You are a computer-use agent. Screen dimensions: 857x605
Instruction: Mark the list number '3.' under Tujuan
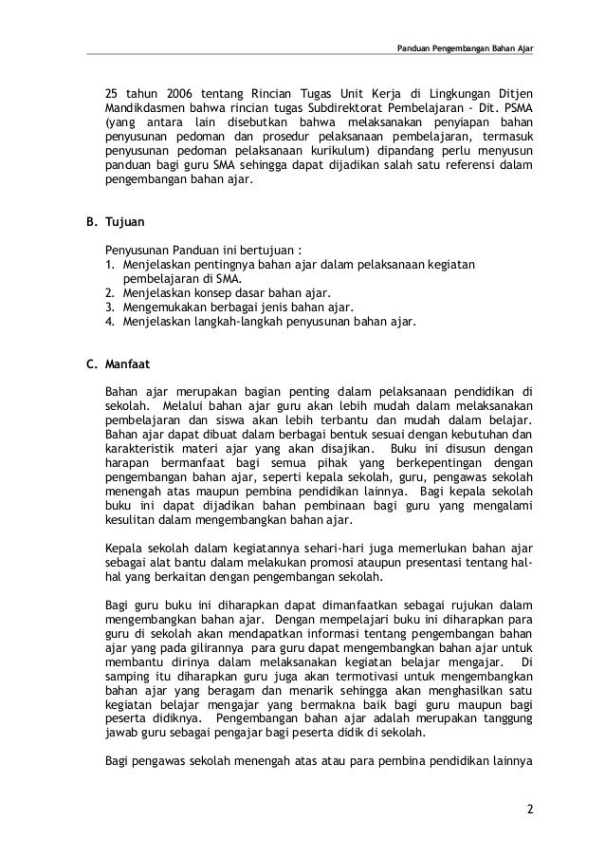[x=110, y=307]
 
